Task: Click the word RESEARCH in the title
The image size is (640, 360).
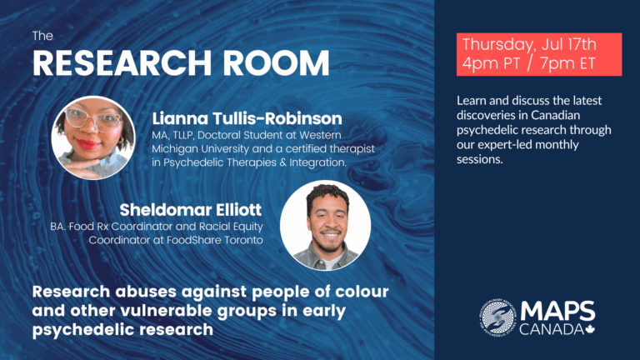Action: click(122, 62)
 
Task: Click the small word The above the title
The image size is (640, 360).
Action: click(42, 36)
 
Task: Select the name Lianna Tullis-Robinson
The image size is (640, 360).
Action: click(247, 118)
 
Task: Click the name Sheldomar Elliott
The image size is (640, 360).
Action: click(191, 210)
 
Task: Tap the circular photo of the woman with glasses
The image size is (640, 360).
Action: click(93, 138)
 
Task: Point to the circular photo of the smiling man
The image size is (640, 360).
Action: click(325, 225)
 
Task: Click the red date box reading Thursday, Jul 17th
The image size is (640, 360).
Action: click(539, 54)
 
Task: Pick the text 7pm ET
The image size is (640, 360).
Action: click(567, 63)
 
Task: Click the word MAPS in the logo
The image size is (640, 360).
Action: click(557, 312)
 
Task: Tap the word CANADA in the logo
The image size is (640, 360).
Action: click(552, 329)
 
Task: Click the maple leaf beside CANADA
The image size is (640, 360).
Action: click(590, 329)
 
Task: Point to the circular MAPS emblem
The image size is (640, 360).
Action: click(498, 317)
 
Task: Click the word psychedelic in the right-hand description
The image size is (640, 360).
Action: click(485, 130)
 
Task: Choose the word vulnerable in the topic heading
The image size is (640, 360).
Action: click(167, 311)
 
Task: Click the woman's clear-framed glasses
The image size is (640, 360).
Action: click(93, 119)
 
